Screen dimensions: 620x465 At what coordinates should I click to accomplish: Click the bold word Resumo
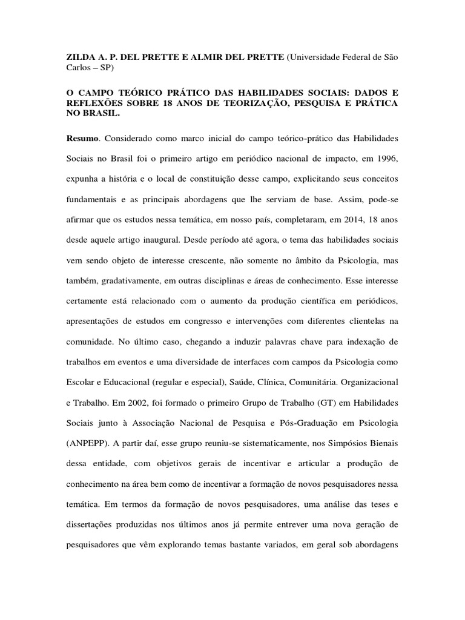pos(82,139)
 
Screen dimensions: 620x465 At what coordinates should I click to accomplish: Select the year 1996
pos(386,159)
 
